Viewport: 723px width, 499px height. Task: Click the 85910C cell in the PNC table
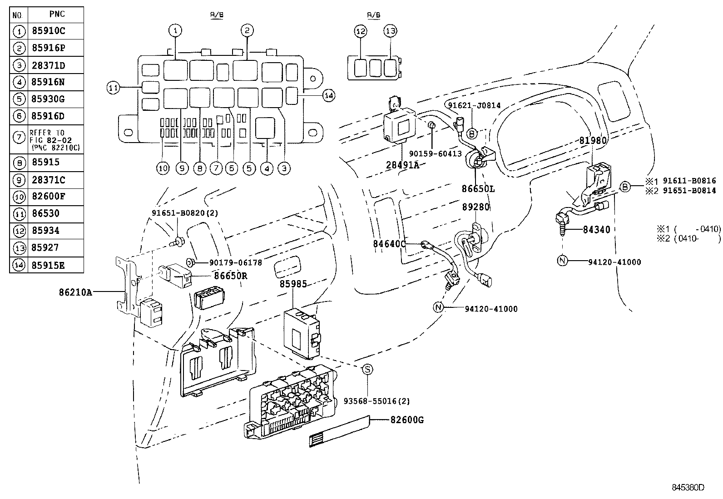(x=49, y=31)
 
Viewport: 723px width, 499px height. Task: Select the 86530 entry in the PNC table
(x=46, y=213)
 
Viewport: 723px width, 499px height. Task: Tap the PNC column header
(x=56, y=14)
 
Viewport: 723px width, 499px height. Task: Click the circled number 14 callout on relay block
(x=329, y=95)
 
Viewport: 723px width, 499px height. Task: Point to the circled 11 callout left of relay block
(x=113, y=88)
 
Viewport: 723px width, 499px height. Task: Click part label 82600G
(x=407, y=420)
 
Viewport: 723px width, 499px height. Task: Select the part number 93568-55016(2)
(x=376, y=401)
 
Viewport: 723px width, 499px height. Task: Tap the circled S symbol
(x=367, y=370)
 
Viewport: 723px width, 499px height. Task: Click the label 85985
(x=293, y=284)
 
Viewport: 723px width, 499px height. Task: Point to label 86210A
(x=75, y=293)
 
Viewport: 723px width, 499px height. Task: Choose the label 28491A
(x=402, y=165)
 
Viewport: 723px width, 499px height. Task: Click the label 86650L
(x=479, y=188)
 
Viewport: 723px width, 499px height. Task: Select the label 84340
(x=596, y=230)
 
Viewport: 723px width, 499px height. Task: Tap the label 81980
(x=593, y=141)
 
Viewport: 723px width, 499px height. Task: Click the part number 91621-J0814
(x=474, y=105)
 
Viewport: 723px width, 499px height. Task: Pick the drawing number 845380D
(x=688, y=488)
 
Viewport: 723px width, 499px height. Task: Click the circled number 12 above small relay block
(x=361, y=31)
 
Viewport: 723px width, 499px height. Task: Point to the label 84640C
(x=389, y=244)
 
